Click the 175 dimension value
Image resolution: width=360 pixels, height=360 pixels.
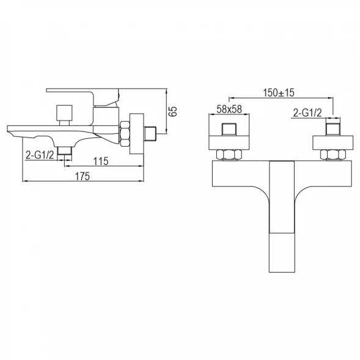pos(83,176)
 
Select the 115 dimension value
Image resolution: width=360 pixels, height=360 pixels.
pos(101,161)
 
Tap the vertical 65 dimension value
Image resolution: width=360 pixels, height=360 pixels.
pos(174,111)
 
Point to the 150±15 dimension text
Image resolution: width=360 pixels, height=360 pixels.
pos(279,93)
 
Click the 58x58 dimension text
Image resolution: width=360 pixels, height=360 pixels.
pos(229,109)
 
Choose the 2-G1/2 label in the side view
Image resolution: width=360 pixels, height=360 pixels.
pos(40,155)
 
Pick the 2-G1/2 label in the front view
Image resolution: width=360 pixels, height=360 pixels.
pos(307,112)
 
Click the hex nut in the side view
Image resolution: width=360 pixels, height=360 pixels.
pos(125,134)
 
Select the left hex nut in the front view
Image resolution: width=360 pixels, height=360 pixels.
pos(229,155)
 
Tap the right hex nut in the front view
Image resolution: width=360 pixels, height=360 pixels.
pos(333,155)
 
